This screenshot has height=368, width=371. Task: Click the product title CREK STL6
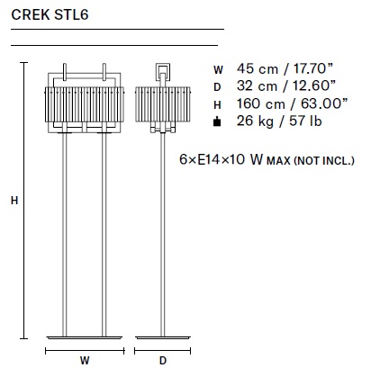pos(50,15)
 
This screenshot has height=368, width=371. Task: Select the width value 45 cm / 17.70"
pos(285,68)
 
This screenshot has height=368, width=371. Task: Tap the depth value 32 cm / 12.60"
pos(285,85)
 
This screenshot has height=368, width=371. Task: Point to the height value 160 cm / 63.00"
pos(292,103)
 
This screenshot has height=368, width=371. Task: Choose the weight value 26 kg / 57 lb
pos(279,121)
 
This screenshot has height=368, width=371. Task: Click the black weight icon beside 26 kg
pos(217,122)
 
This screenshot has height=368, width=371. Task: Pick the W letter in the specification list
pos(218,70)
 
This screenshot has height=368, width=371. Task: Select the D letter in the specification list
pos(217,87)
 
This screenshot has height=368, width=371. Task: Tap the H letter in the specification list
pos(217,105)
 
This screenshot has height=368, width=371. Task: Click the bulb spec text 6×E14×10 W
pos(222,159)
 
